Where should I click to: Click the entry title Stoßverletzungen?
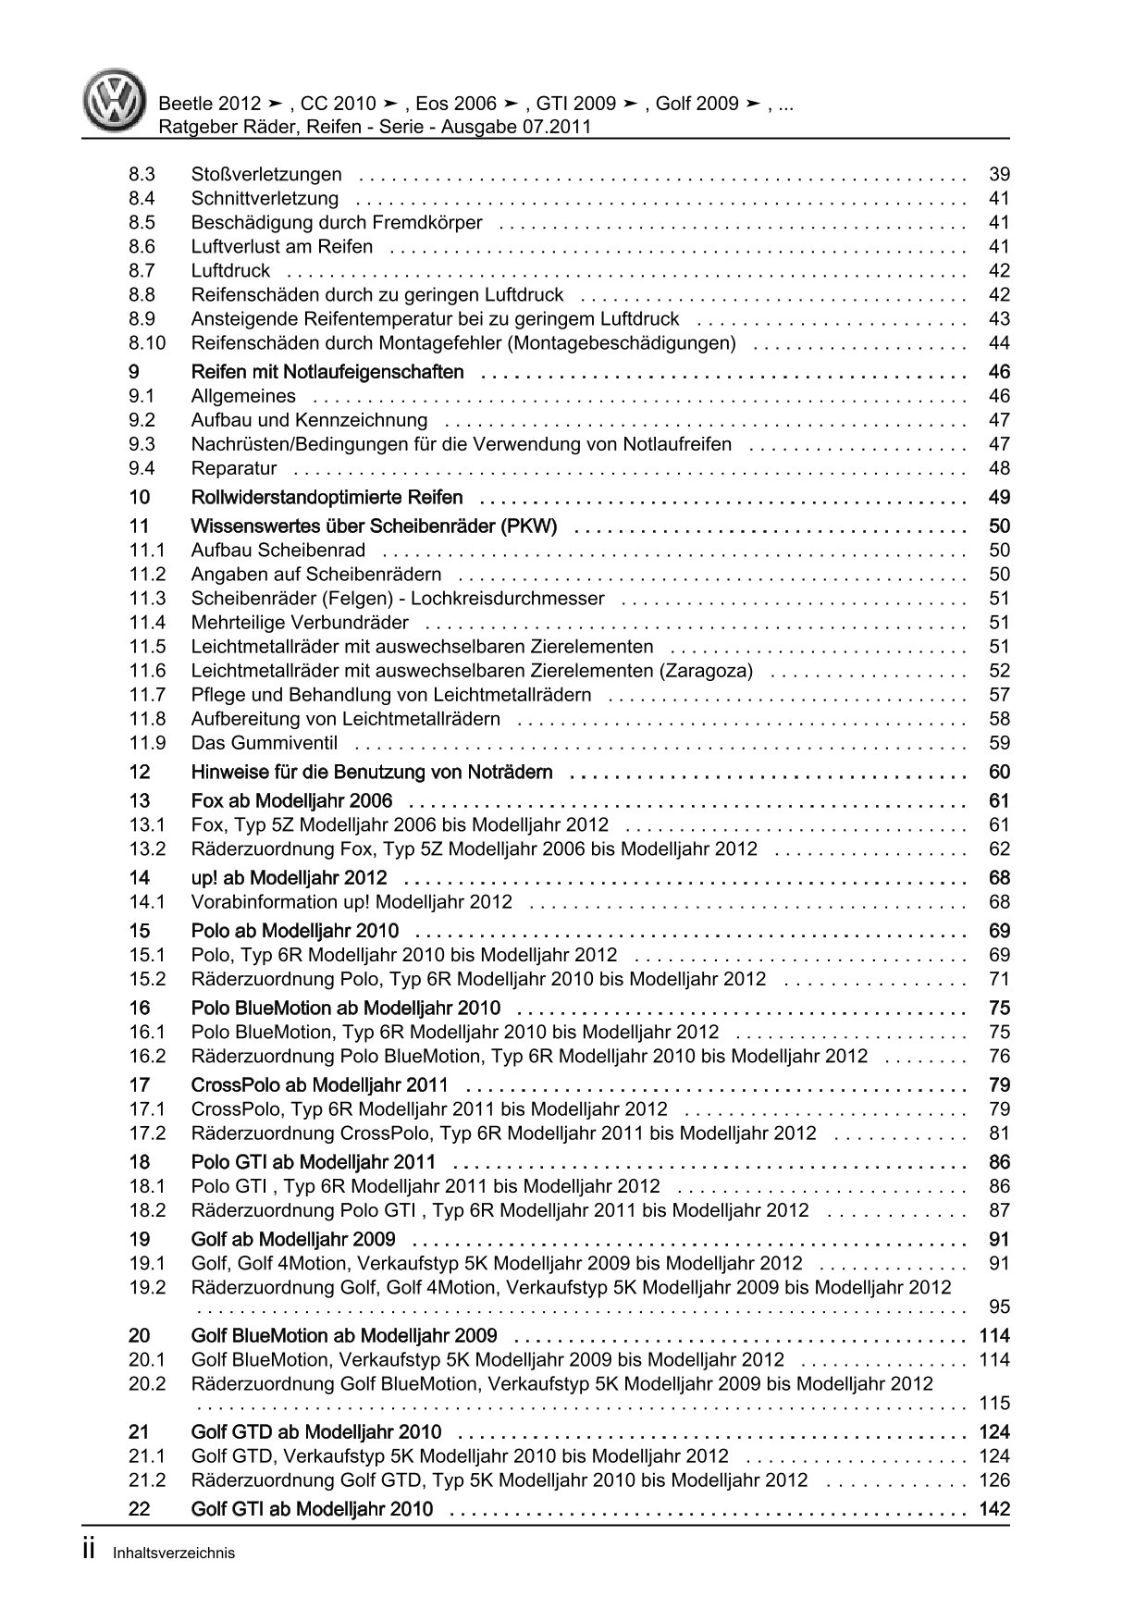266,174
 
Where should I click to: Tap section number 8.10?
147,343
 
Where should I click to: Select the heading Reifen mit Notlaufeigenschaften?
327,372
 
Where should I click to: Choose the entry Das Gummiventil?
265,743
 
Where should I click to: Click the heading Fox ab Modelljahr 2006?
291,801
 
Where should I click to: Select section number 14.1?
147,902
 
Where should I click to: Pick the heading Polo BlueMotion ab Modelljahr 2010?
345,1009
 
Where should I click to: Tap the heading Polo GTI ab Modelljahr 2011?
313,1162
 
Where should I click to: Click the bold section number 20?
140,1336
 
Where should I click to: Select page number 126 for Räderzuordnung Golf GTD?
994,1480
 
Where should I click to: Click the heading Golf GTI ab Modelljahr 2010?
312,1509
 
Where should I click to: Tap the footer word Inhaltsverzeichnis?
172,1554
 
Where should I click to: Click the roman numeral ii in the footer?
90,1551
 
